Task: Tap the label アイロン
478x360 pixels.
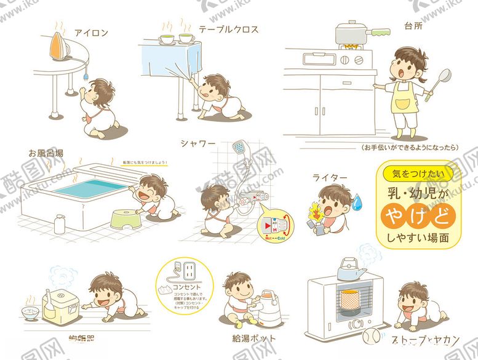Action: tap(92, 32)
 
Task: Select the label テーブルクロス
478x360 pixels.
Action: tap(228, 29)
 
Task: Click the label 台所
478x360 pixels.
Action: tap(413, 27)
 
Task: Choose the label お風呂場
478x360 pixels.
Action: tap(46, 152)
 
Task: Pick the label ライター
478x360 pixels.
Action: tap(330, 178)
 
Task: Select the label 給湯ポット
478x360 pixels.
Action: tap(253, 338)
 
